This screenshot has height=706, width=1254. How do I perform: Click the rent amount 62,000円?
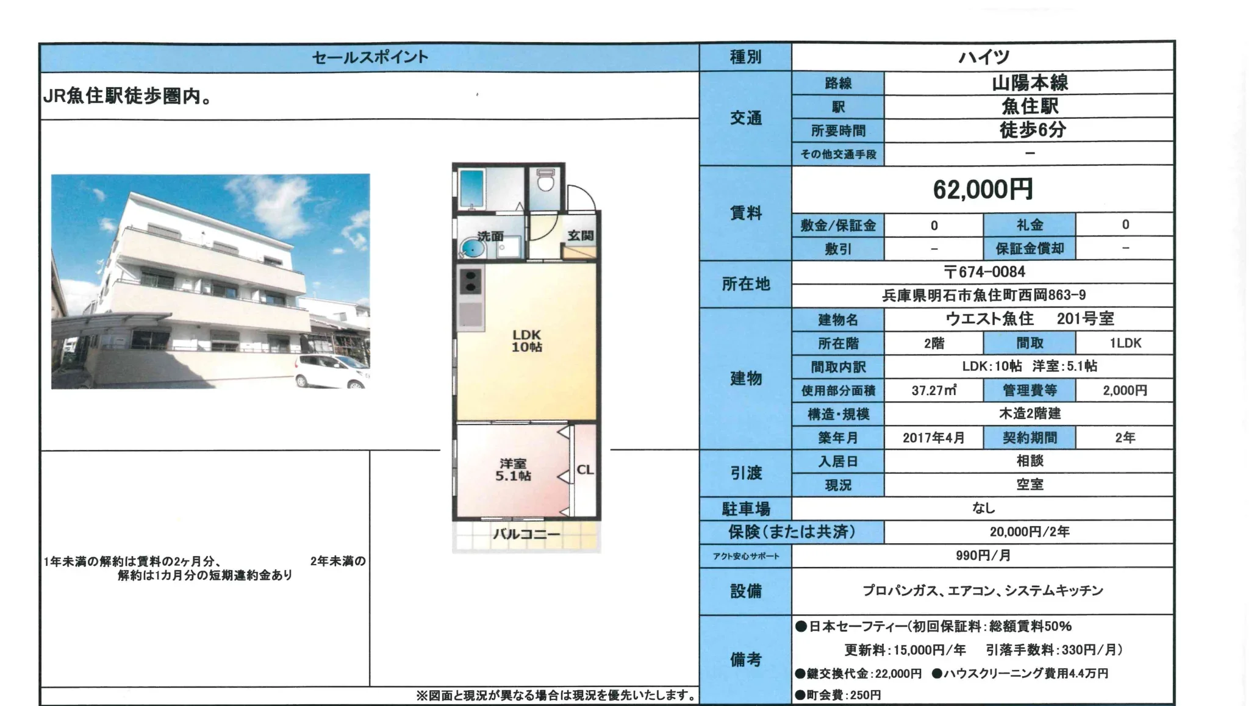(983, 190)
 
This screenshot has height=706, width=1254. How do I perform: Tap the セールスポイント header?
(370, 57)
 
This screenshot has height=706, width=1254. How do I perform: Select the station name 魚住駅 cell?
(1030, 106)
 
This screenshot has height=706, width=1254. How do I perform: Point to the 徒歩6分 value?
(1031, 130)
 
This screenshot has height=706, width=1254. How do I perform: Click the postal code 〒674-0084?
(984, 272)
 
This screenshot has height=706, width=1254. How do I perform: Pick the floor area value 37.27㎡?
(934, 390)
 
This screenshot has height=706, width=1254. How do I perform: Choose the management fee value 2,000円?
(1125, 390)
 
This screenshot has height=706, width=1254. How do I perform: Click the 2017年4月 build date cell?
(933, 438)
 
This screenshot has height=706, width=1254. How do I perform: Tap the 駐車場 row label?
(745, 508)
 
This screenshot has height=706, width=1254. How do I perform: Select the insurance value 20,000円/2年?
(1029, 532)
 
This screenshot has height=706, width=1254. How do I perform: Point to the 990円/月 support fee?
(983, 555)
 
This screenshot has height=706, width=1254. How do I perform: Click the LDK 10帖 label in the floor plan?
(526, 341)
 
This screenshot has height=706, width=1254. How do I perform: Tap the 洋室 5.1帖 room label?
(512, 469)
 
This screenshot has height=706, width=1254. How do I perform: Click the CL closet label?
(585, 469)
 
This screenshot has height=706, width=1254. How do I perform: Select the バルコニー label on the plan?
(526, 535)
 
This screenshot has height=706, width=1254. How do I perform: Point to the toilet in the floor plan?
(545, 181)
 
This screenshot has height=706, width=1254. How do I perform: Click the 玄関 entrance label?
(580, 235)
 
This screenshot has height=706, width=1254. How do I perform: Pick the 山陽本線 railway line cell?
(1030, 82)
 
